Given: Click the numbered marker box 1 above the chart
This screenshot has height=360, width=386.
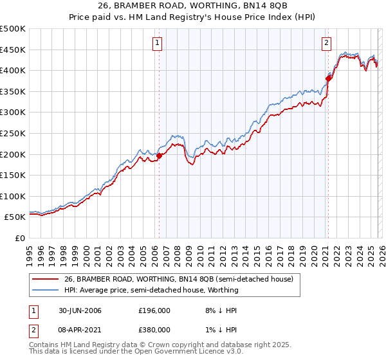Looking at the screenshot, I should click(158, 43).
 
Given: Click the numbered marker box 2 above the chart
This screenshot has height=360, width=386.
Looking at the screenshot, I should click(327, 43).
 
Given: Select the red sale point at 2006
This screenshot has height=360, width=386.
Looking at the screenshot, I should click(160, 156).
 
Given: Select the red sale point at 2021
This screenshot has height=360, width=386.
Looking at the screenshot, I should click(328, 78).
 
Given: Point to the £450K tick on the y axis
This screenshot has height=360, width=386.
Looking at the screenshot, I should click(13, 50).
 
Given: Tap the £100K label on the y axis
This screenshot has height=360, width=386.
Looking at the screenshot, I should click(13, 196).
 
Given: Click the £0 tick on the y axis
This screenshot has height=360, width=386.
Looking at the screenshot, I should click(19, 238).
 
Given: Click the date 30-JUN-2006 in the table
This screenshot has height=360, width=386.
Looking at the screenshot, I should click(78, 310).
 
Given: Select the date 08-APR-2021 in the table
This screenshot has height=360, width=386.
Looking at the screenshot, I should click(78, 328).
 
